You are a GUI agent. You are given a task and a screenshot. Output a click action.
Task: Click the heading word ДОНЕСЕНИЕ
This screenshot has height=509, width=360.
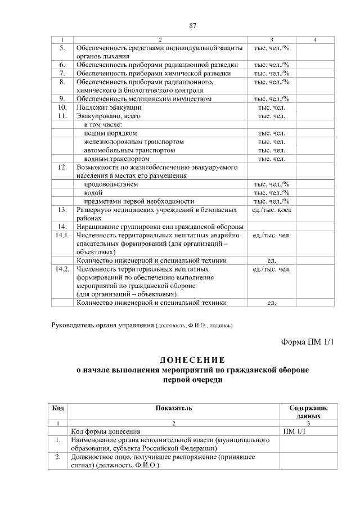192,360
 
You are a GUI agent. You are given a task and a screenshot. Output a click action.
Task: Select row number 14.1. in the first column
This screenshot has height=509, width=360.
62,235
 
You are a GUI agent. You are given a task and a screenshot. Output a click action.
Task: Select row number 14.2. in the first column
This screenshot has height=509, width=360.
62,269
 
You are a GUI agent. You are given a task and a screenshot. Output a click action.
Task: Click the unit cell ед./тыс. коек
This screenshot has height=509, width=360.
272,210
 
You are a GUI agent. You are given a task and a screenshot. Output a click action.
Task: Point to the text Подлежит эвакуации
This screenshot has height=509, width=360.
109,107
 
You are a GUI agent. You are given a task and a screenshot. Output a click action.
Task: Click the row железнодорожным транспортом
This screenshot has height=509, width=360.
134,142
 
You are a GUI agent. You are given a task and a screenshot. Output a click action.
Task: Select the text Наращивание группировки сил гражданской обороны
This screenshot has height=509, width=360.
159,227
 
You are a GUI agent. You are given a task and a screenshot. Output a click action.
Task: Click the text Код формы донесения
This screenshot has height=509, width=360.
105,431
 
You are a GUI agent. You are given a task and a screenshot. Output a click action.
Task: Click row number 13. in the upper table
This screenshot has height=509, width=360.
62,210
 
